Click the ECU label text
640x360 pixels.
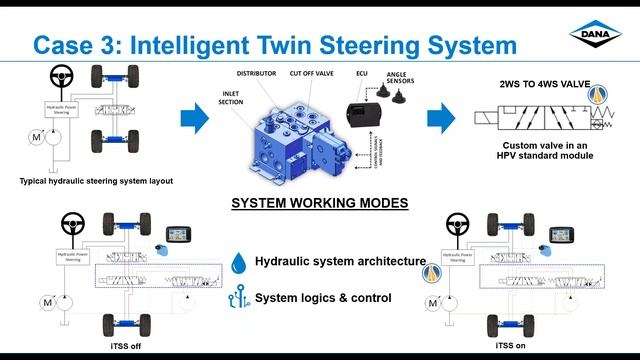(x=361, y=73)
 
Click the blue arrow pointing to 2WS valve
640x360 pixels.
(x=441, y=119)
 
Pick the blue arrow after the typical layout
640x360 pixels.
(x=195, y=119)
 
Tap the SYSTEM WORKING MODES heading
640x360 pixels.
(x=319, y=202)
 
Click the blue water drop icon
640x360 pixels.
(x=237, y=263)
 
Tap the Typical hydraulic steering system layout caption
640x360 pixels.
(x=97, y=181)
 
